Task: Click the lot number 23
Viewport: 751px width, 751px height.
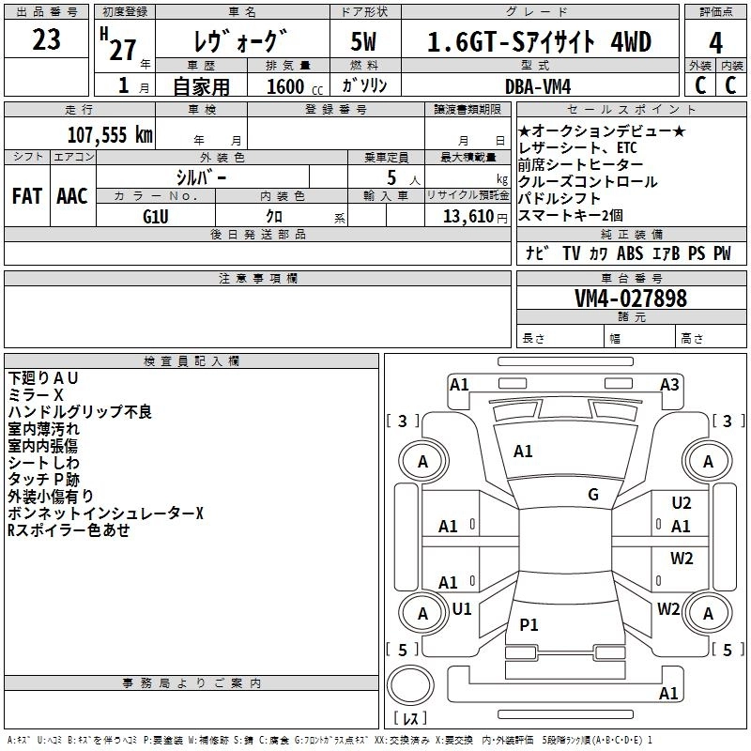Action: [46, 40]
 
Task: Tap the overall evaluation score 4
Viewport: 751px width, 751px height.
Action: [715, 43]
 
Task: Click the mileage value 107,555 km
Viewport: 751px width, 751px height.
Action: [110, 134]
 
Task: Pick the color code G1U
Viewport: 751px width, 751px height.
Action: [156, 215]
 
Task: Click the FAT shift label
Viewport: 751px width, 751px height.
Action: [27, 196]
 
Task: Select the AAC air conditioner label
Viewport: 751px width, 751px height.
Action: [72, 196]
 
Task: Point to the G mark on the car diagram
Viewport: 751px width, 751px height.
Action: [593, 495]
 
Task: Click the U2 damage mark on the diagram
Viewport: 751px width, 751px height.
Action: [682, 503]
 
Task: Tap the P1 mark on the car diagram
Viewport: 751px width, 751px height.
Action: [529, 624]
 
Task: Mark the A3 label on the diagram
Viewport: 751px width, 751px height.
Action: [669, 384]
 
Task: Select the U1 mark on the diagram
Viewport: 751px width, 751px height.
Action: [462, 608]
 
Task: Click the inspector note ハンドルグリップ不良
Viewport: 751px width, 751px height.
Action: [80, 412]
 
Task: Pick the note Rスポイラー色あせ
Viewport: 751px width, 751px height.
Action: [69, 530]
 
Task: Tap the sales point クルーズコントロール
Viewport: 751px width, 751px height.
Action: [588, 182]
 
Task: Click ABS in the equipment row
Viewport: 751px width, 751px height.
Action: [630, 253]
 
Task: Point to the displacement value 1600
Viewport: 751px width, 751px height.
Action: [284, 87]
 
